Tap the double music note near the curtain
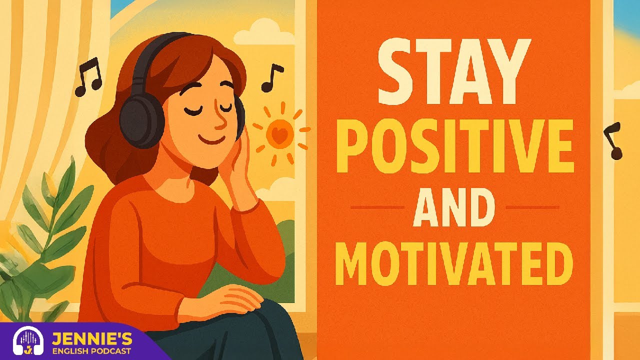click(88, 76)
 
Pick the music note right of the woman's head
click(271, 77)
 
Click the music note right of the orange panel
click(614, 140)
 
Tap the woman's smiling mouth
click(209, 139)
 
